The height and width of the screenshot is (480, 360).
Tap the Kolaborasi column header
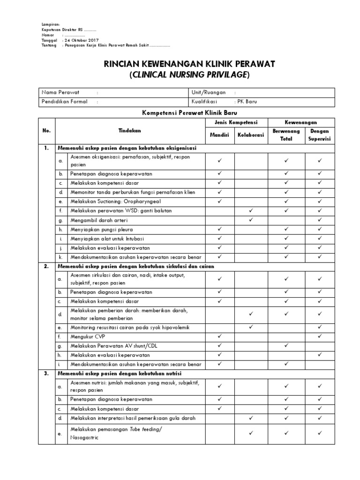point(250,135)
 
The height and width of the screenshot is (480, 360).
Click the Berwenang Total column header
point(286,135)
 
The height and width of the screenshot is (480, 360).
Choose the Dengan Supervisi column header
point(320,135)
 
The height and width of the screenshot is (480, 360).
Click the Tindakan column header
point(129,131)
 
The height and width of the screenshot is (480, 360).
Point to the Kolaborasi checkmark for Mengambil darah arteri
point(251,220)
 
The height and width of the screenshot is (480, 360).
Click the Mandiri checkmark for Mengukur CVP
point(219,336)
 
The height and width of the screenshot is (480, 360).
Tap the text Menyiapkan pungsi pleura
point(102,229)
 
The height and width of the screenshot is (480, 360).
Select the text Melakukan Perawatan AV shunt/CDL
point(113,345)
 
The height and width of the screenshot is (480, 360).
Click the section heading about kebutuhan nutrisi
point(120,373)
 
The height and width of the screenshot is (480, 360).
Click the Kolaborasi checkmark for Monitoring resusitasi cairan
point(251,327)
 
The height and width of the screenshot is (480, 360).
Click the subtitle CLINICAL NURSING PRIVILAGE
point(189,75)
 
